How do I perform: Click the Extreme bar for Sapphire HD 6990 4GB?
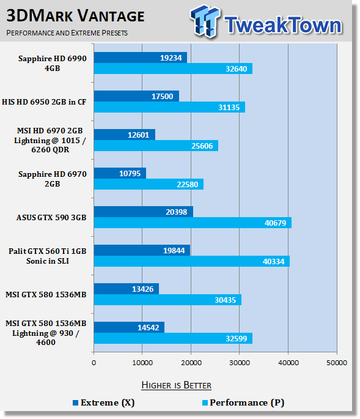(141, 57)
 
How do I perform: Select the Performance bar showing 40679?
(193, 223)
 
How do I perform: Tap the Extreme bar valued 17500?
(136, 96)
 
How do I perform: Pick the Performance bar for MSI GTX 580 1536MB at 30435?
(167, 300)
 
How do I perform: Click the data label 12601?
(138, 135)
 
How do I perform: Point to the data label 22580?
(188, 184)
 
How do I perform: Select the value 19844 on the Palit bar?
(174, 251)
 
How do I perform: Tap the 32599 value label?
(237, 339)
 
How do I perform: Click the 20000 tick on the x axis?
(191, 363)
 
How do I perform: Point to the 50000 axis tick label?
(337, 363)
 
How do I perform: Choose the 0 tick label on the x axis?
(94, 363)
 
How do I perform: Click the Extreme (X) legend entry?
(104, 402)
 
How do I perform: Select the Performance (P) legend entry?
(243, 402)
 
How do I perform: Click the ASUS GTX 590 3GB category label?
(51, 218)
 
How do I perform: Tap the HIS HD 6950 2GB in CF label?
(44, 102)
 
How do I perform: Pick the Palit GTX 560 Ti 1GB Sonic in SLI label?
(48, 256)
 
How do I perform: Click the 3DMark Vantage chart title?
(75, 16)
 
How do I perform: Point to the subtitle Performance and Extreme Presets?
(67, 33)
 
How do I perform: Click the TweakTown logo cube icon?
(205, 21)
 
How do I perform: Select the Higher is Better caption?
(176, 385)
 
